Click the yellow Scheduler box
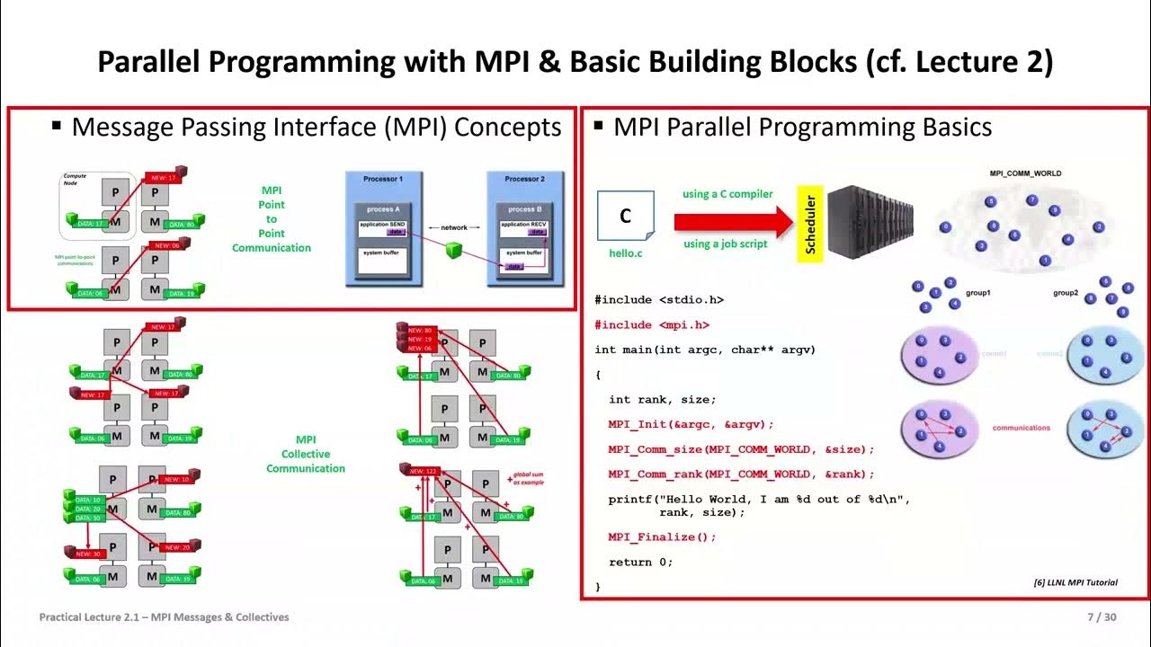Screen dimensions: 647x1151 [x=810, y=224]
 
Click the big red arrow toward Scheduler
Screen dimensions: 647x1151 [x=732, y=218]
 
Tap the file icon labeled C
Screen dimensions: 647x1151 [x=625, y=217]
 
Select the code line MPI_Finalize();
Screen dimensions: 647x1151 [x=662, y=537]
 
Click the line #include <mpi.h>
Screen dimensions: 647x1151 [x=652, y=325]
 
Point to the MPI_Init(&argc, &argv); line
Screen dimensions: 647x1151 [x=691, y=424]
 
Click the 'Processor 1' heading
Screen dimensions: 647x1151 [x=383, y=179]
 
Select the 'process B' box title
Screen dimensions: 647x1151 [x=525, y=208]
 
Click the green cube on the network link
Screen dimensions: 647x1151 [x=454, y=252]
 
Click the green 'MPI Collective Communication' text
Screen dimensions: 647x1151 [x=306, y=454]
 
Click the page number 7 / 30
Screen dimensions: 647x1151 [x=1102, y=617]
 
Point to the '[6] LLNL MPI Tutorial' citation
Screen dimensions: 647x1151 [x=1075, y=582]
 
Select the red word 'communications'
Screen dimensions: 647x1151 [x=1021, y=428]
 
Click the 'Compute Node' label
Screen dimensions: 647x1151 [x=72, y=179]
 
